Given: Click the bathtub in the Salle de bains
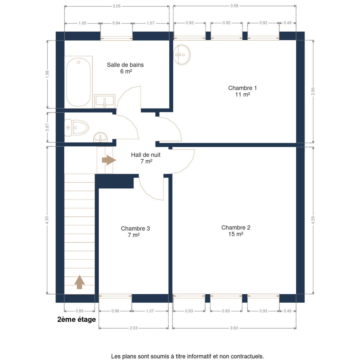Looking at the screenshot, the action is coord(79,82).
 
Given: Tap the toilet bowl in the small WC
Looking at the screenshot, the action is coord(76,128).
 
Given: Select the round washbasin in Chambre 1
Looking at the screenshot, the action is coord(182,55).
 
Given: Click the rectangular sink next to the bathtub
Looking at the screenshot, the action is coord(105,101).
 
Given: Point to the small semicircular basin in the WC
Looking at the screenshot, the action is coord(100,137).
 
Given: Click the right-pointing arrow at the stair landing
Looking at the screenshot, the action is coord(109,160).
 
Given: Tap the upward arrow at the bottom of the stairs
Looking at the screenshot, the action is coord(79,282).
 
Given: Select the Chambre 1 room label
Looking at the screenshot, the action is coord(242,91).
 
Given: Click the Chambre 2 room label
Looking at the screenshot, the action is coord(236,231).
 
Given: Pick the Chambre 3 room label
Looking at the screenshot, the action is coord(135,232).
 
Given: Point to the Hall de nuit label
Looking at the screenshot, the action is coord(146,158).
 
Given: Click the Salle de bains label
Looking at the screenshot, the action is coord(125,68).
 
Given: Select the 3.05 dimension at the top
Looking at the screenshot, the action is coord(117,6).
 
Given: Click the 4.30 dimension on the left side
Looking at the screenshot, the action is coord(47,220).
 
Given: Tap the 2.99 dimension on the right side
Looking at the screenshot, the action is coord(313,91).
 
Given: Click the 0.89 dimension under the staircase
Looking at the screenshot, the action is coord(79,311).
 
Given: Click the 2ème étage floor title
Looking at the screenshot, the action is coord(76,319).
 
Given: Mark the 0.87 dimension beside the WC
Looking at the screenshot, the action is coord(47,127).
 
